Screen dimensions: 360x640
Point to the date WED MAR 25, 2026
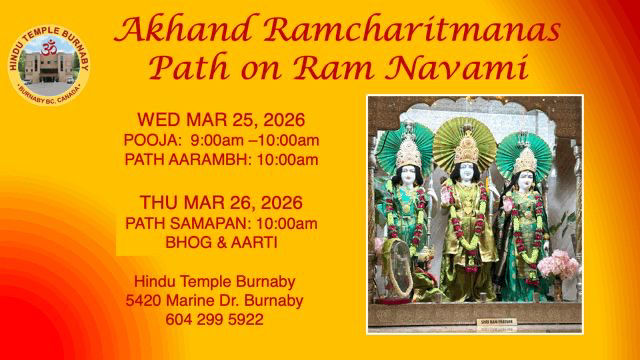(221, 120)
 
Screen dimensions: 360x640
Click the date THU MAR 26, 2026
(222, 203)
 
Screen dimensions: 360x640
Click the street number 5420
(146, 300)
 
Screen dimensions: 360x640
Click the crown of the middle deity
(468, 147)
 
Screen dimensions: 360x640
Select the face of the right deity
(525, 183)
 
